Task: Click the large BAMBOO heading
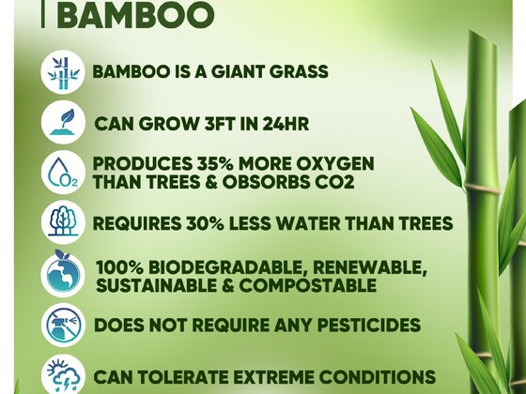click(135, 15)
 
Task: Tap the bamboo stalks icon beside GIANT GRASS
click(63, 72)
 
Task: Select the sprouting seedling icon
click(63, 122)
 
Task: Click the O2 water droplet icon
click(63, 173)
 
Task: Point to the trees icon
click(63, 222)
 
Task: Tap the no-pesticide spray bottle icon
click(63, 325)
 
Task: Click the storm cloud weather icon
click(63, 374)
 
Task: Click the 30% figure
click(205, 223)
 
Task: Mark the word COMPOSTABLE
click(307, 285)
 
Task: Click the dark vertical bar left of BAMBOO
click(43, 15)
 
